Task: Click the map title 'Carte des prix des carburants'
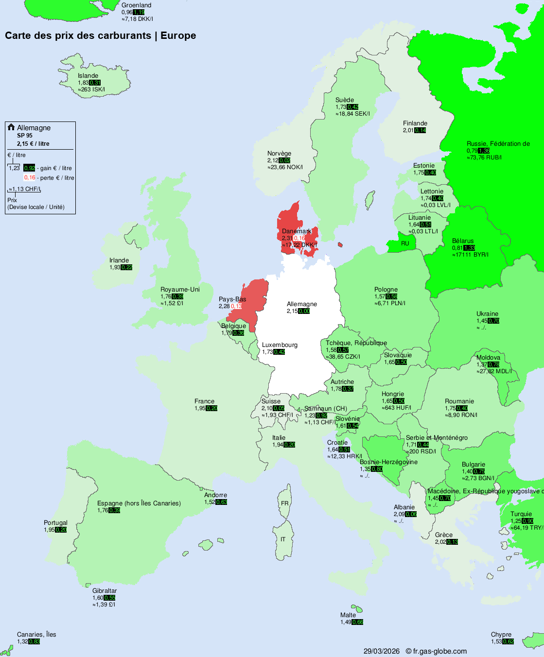point(78,35)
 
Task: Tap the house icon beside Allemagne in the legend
point(11,127)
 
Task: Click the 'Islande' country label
point(88,76)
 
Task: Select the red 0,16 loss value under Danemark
point(299,238)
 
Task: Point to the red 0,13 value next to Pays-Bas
point(236,306)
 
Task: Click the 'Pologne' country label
point(386,290)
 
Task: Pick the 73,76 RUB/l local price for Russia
point(484,157)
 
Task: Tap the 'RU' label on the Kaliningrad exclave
point(405,243)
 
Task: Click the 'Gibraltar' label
point(105,591)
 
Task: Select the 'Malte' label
point(348,615)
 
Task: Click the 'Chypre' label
point(501,635)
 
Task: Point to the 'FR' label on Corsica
point(284,503)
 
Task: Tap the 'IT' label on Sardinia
point(283,539)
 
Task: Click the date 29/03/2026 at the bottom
point(382,651)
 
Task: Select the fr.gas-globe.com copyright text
point(436,651)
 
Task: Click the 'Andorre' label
point(215,495)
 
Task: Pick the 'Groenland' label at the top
point(136,5)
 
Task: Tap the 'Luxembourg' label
point(280,345)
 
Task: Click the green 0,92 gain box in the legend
point(29,168)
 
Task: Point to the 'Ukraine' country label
point(487,314)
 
